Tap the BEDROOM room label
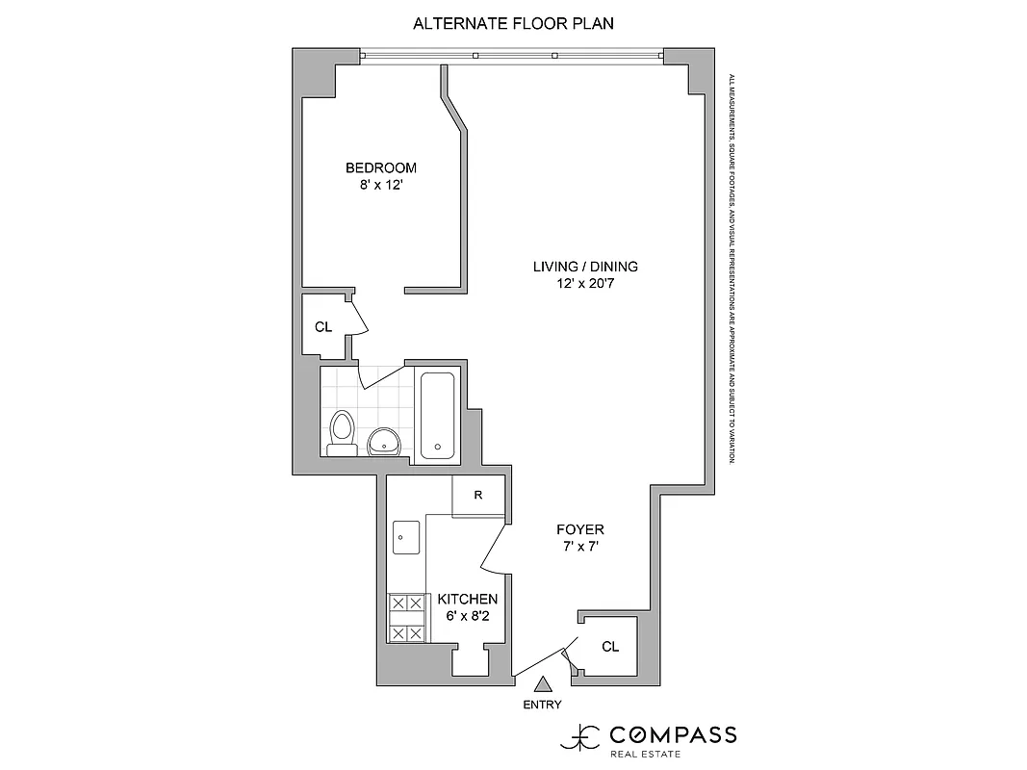381,167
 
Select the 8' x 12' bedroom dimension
381,186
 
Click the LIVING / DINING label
585,267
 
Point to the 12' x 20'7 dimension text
585,285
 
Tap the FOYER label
580,529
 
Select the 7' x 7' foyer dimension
580,548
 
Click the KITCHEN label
468,599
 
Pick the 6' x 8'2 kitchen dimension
468,617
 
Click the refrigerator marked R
478,496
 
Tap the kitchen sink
405,537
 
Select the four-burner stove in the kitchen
406,618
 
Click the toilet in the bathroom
341,432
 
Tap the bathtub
438,414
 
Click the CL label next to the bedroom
323,326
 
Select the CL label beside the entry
610,646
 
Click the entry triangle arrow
543,684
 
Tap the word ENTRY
543,705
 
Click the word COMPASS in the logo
673,735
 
